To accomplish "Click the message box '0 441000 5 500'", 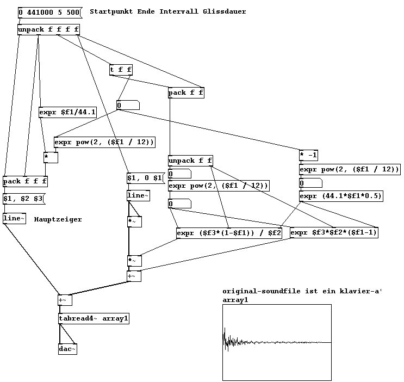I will tap(48, 12).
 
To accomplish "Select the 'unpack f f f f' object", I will tap(48, 29).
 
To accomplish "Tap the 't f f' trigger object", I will tap(121, 70).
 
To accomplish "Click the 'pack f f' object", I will tap(186, 93).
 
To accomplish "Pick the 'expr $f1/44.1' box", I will tap(67, 113).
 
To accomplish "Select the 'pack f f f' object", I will tap(25, 181).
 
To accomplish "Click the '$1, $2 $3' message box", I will tap(23, 199).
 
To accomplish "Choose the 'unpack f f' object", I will tap(190, 161).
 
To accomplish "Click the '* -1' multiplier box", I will tap(308, 156).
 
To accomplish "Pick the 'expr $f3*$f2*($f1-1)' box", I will tap(334, 232).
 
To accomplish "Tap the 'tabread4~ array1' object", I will tap(94, 318).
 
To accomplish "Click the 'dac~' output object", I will tap(67, 349).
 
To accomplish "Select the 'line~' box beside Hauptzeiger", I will tap(14, 218).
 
